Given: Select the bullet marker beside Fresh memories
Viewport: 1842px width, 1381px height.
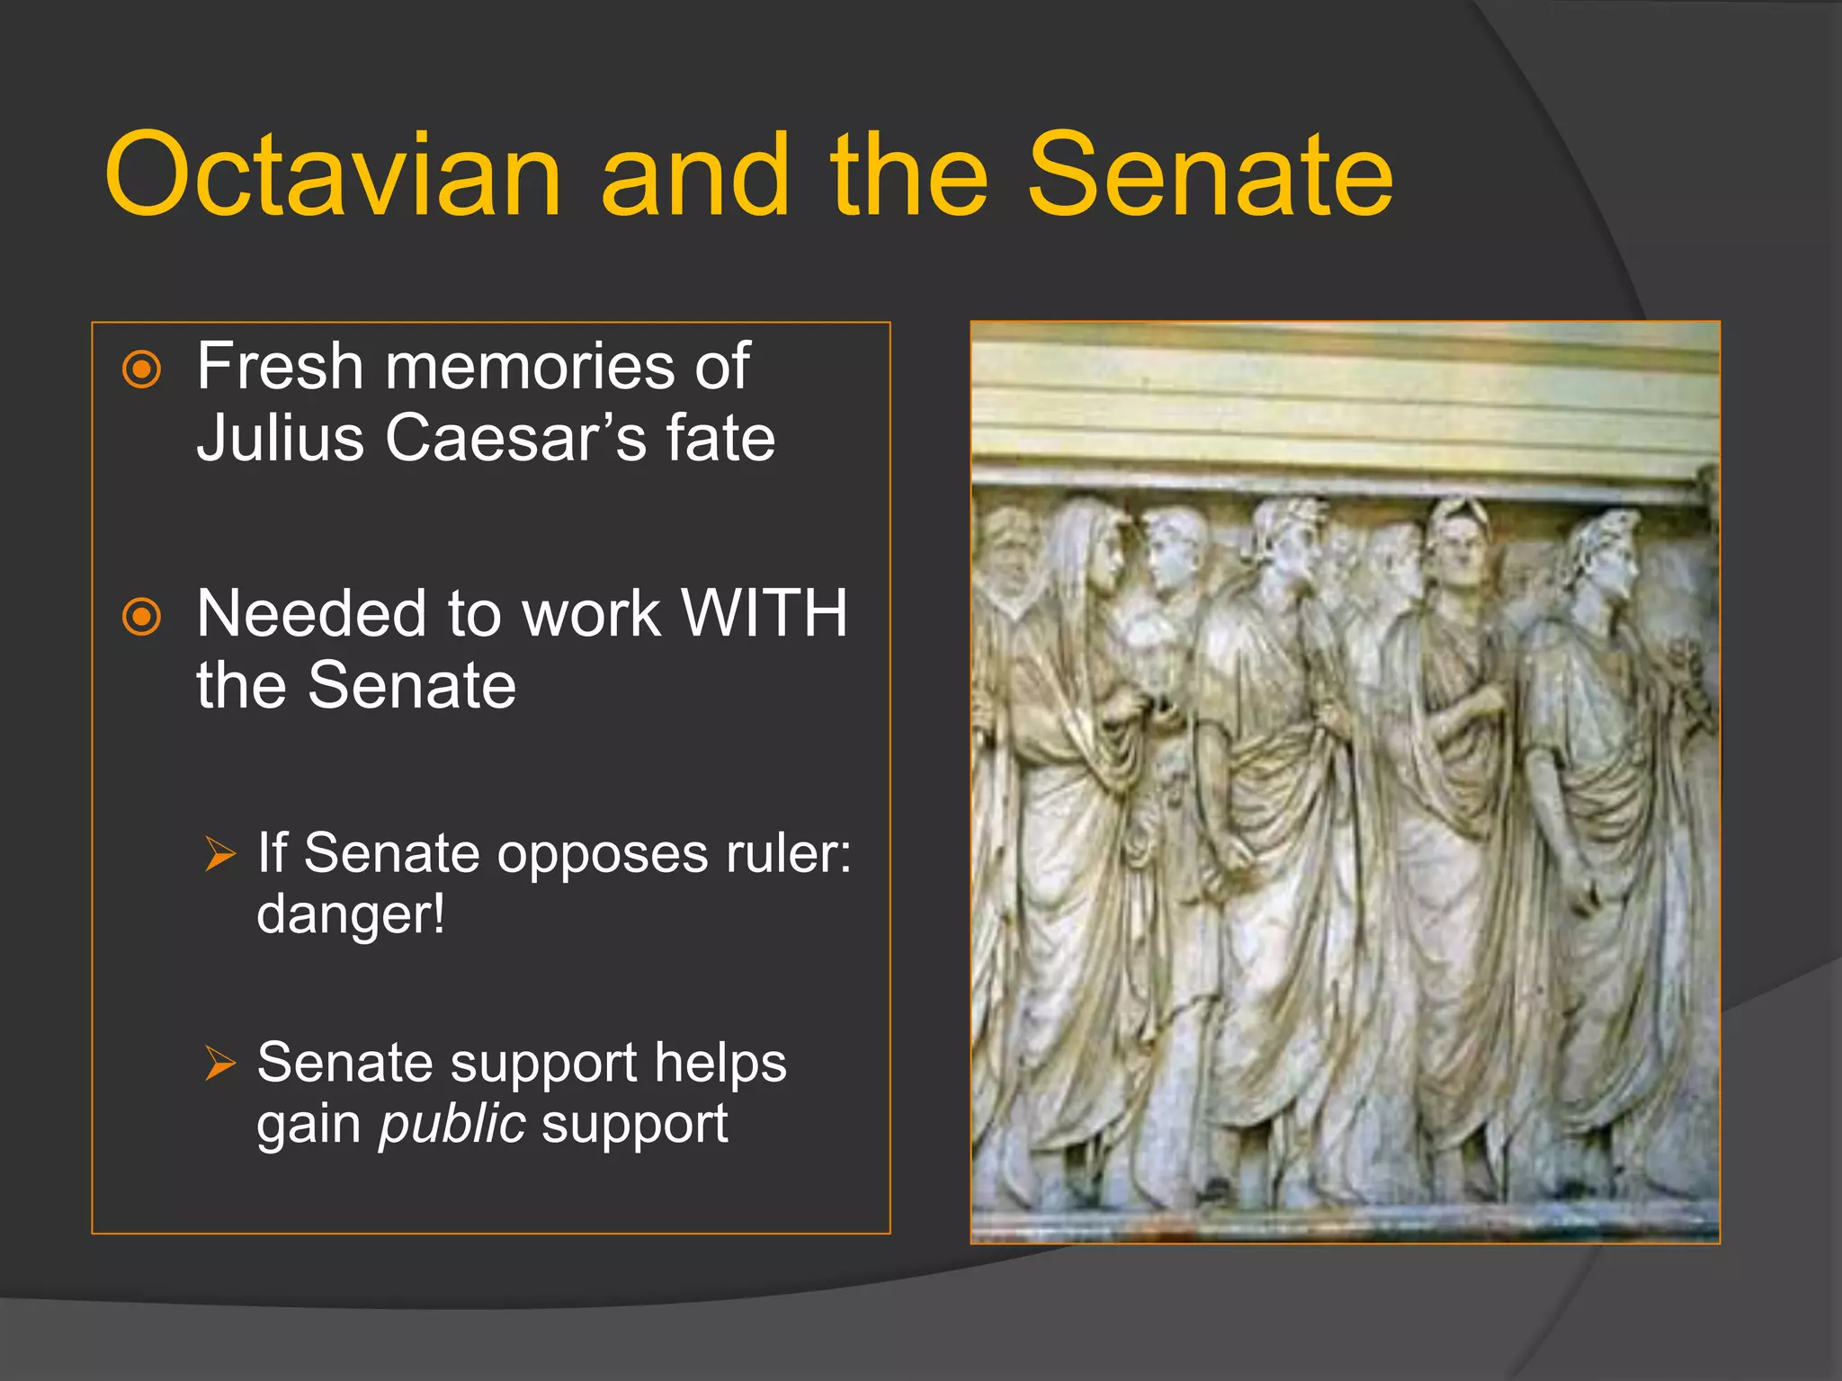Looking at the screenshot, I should click(141, 369).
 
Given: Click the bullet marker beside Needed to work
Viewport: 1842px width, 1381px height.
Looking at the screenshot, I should click(141, 617).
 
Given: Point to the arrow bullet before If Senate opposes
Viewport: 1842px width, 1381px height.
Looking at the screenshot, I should click(219, 853).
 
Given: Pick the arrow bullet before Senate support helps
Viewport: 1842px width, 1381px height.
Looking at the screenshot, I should click(219, 1063).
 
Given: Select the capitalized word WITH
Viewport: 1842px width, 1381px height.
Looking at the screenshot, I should click(765, 614).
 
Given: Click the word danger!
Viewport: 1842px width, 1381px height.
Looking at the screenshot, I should click(351, 914).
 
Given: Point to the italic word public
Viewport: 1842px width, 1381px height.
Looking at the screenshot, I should click(452, 1124).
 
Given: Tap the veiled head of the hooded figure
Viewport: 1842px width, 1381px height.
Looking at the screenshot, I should click(1084, 548).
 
